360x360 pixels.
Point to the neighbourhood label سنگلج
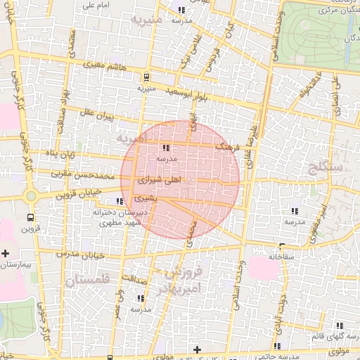pos(324,167)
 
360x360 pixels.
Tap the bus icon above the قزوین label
pos(30,217)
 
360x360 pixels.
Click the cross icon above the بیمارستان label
pos(6,253)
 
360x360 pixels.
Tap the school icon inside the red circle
pos(165,148)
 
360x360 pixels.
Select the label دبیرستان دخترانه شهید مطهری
pos(117,216)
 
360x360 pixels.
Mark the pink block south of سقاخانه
pos(264,268)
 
